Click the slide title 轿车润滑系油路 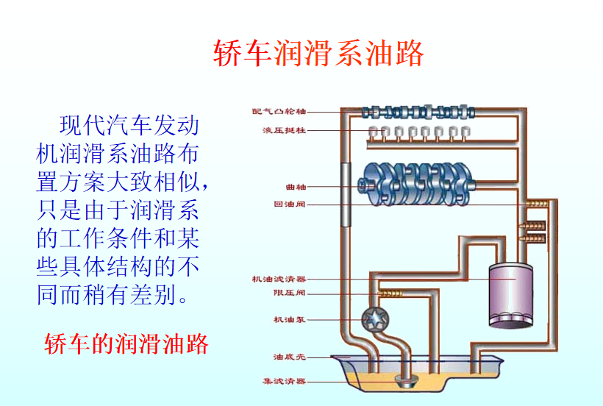click(318, 53)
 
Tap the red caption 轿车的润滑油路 click(126, 344)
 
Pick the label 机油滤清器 click(279, 279)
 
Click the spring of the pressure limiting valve click(390, 293)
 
